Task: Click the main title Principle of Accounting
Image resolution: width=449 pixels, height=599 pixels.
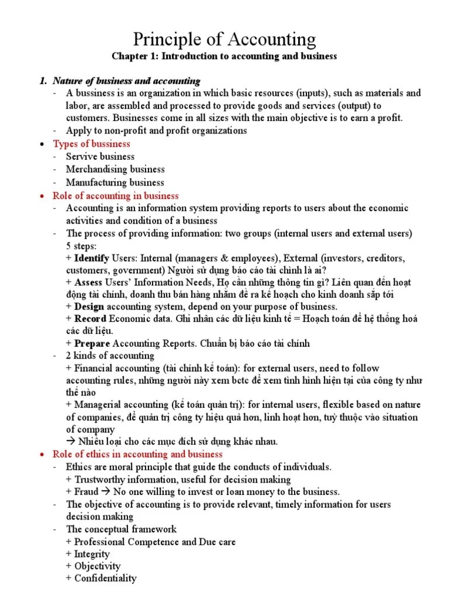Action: [224, 39]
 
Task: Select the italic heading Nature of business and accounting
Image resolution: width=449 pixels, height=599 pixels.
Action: [126, 81]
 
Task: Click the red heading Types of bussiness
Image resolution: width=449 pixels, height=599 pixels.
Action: [92, 144]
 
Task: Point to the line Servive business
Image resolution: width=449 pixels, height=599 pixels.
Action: [100, 157]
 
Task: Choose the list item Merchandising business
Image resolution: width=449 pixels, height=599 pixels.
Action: [115, 170]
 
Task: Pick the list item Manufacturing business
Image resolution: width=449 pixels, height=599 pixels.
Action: [115, 183]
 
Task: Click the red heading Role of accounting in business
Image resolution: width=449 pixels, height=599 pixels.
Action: [116, 196]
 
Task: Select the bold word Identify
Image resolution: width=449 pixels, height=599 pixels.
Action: [92, 258]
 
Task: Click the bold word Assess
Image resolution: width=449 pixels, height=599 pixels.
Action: [88, 282]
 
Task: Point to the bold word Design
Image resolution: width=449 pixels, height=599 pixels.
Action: [89, 307]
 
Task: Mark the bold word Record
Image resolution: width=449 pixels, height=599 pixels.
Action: [90, 319]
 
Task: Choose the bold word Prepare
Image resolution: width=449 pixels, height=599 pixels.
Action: [92, 343]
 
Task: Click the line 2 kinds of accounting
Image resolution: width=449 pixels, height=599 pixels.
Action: [110, 356]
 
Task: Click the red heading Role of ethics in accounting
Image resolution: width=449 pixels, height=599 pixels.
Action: [137, 454]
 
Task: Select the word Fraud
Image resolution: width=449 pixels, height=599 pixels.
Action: [86, 492]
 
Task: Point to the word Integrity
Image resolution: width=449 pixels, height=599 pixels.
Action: [92, 554]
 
